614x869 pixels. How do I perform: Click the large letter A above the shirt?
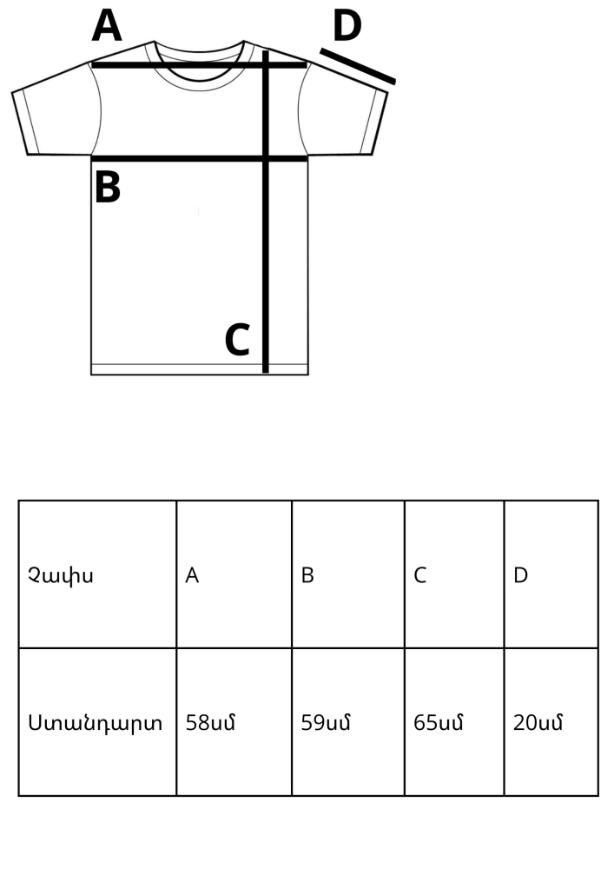[x=107, y=26]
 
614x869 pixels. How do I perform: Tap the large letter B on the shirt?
[x=108, y=187]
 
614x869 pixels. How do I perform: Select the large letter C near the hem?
[x=237, y=339]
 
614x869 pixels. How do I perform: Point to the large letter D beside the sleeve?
[x=347, y=26]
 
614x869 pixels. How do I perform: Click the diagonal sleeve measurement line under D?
[x=358, y=67]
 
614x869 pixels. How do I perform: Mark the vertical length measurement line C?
[x=265, y=212]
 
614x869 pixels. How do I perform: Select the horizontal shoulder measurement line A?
[x=200, y=65]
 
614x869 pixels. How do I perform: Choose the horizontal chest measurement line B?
[x=200, y=159]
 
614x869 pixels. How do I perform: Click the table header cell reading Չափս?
[x=60, y=575]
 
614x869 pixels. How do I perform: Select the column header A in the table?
[x=192, y=575]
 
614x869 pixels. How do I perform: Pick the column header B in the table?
[x=307, y=575]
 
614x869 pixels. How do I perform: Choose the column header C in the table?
[x=419, y=575]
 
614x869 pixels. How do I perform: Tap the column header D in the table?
[x=520, y=575]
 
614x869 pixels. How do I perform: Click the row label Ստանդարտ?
[x=96, y=723]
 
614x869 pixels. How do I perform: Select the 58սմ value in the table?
[x=210, y=723]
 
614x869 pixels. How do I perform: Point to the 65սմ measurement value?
[x=438, y=723]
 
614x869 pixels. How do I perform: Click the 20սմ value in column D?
[x=538, y=723]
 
